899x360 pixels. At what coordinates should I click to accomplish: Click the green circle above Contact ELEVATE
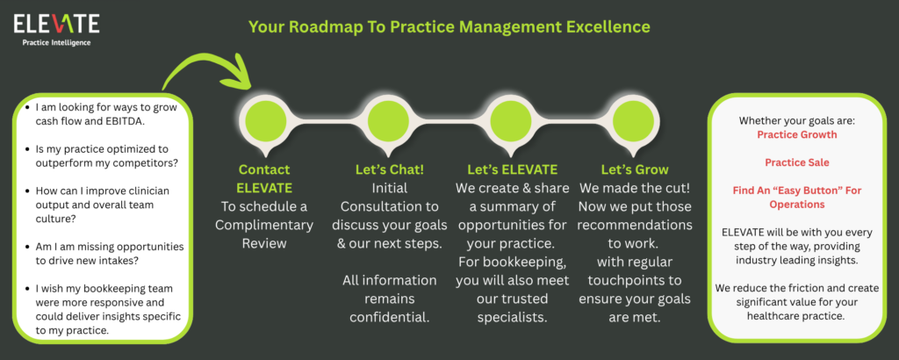(x=265, y=121)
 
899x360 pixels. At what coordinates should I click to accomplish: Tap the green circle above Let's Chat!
(x=388, y=121)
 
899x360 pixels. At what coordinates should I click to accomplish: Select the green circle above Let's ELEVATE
(x=511, y=121)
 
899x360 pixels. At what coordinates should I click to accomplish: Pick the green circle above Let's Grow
(x=634, y=121)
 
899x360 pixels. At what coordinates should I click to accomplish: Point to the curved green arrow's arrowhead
(x=240, y=75)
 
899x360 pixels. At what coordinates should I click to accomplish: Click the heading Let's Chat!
(x=389, y=169)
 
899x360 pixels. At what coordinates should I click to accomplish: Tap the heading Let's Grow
(x=635, y=169)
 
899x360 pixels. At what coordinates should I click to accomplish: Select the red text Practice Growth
(x=797, y=134)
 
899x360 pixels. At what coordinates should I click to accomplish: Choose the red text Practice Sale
(x=797, y=162)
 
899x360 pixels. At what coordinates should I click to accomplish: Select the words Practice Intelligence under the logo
(x=56, y=42)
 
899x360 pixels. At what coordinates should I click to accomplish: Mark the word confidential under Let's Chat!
(x=389, y=316)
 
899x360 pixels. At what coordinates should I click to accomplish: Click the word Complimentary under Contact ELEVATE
(x=264, y=225)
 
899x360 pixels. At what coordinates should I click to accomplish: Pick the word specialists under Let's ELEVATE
(x=512, y=316)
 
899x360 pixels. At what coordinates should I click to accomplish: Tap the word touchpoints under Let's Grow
(x=635, y=280)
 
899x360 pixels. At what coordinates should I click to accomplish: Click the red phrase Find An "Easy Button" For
(x=797, y=190)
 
